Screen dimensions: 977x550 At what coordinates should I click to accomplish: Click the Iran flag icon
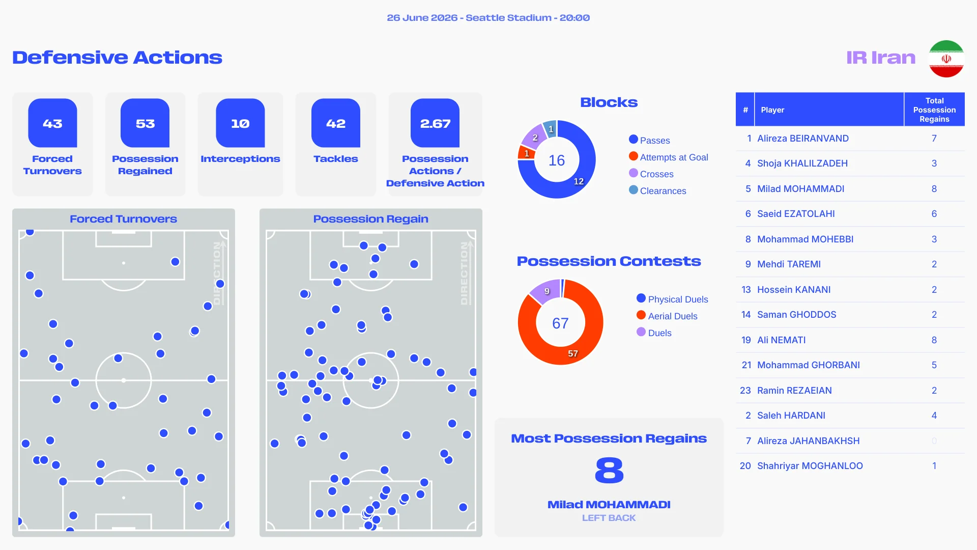tap(946, 59)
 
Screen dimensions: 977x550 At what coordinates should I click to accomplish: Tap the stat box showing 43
tap(52, 123)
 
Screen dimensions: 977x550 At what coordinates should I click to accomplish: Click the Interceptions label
tap(240, 159)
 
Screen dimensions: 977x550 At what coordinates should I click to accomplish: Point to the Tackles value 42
tap(336, 124)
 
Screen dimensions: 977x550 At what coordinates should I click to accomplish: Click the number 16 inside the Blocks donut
tap(557, 160)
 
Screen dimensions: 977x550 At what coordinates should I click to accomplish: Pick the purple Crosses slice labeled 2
tap(534, 136)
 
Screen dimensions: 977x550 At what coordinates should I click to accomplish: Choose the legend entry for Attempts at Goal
tap(668, 157)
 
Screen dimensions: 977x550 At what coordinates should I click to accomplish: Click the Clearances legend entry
tap(657, 190)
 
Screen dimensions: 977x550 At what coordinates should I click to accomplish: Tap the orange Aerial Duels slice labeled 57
tap(573, 353)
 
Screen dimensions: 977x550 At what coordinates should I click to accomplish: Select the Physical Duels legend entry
tap(672, 299)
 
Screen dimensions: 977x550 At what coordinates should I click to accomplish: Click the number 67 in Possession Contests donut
tap(560, 323)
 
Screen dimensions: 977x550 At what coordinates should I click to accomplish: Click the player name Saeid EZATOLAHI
tap(796, 214)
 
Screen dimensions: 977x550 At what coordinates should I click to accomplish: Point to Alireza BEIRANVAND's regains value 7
tap(934, 139)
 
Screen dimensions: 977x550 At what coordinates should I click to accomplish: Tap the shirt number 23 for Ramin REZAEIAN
tap(745, 391)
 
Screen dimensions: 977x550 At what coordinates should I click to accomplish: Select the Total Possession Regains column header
tap(934, 109)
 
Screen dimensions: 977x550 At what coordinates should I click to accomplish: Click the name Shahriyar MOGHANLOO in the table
tap(810, 466)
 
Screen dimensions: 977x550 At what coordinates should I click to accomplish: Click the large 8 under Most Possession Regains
tap(609, 470)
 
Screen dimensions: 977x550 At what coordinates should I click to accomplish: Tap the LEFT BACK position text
tap(609, 518)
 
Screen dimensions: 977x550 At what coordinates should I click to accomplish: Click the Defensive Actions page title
tap(117, 58)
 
